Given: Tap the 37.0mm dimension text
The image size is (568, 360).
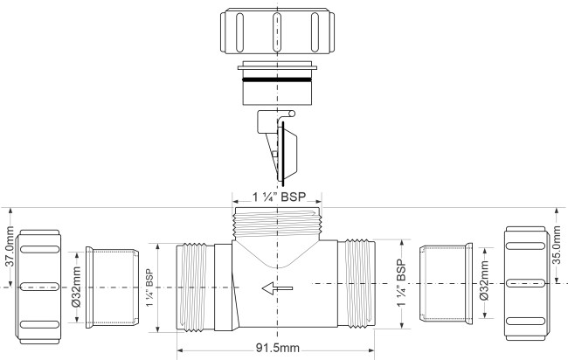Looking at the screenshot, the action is click(x=10, y=246).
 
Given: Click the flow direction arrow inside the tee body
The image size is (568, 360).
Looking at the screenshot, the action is click(x=277, y=288).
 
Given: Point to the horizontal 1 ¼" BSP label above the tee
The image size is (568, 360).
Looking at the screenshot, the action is click(x=279, y=197).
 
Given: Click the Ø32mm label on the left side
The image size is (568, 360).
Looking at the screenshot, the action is click(x=76, y=287).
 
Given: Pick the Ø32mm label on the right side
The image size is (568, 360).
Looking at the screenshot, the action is click(x=484, y=280).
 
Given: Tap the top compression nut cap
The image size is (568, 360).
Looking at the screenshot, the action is click(x=277, y=31).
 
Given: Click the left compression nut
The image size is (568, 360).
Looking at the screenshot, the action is click(x=38, y=287).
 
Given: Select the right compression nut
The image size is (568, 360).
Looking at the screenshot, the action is click(x=525, y=283).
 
